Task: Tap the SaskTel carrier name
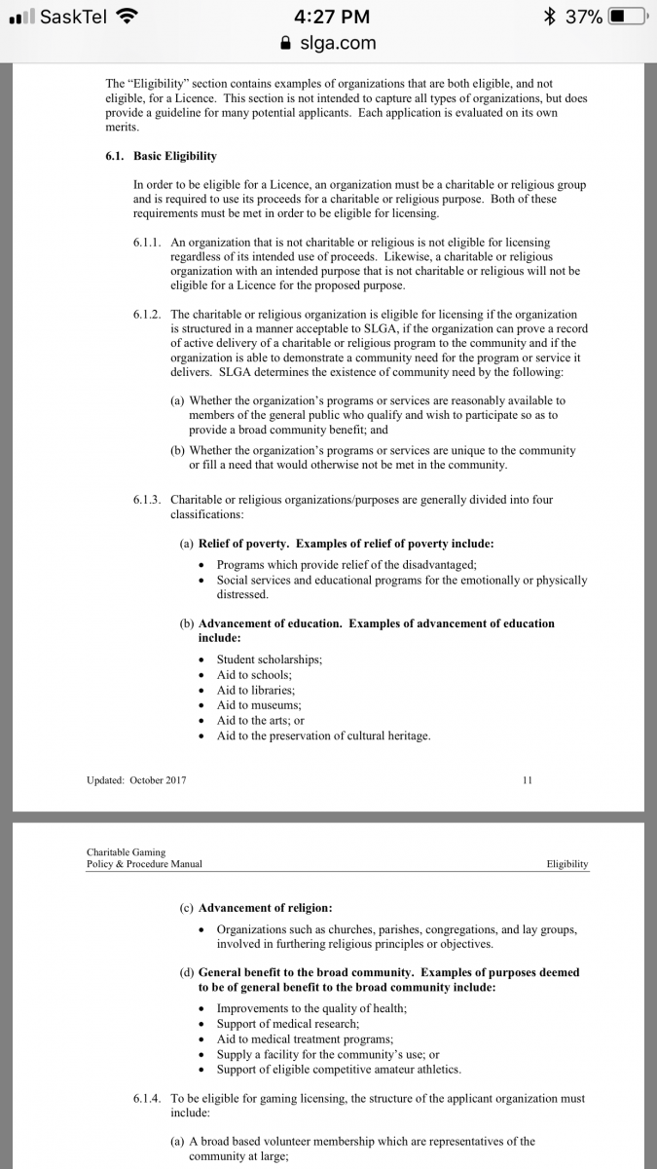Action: (73, 17)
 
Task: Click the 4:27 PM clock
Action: (328, 17)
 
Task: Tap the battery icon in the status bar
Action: (626, 17)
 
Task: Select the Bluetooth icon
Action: (550, 17)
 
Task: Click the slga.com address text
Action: (338, 43)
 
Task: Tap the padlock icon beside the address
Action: (285, 43)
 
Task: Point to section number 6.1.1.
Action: (149, 242)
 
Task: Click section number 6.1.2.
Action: (149, 315)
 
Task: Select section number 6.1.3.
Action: (149, 500)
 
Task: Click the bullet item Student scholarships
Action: (269, 660)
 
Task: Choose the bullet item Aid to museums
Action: (259, 705)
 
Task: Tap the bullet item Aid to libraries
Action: (255, 690)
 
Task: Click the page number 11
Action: (528, 780)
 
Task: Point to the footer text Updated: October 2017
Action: (136, 780)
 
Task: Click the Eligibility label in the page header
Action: (567, 864)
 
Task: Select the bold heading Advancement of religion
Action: (265, 908)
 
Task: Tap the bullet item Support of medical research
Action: (287, 1024)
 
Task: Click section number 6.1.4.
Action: (149, 1098)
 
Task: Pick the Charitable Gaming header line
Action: (126, 852)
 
